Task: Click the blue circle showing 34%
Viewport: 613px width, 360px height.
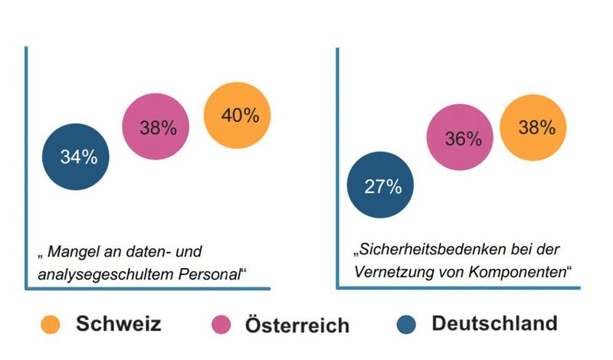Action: [x=76, y=158]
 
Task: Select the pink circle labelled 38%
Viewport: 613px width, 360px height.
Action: [x=157, y=127]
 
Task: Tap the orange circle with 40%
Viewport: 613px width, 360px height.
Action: [x=238, y=115]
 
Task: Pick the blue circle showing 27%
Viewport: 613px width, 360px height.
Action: [x=381, y=186]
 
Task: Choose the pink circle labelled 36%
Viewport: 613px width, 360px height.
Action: [x=461, y=139]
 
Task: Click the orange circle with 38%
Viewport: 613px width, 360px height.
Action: [x=534, y=127]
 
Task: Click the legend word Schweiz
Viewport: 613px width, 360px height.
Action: [x=119, y=325]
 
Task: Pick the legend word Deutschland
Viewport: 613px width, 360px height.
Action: [x=495, y=324]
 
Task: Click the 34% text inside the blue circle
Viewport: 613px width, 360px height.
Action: [x=79, y=158]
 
